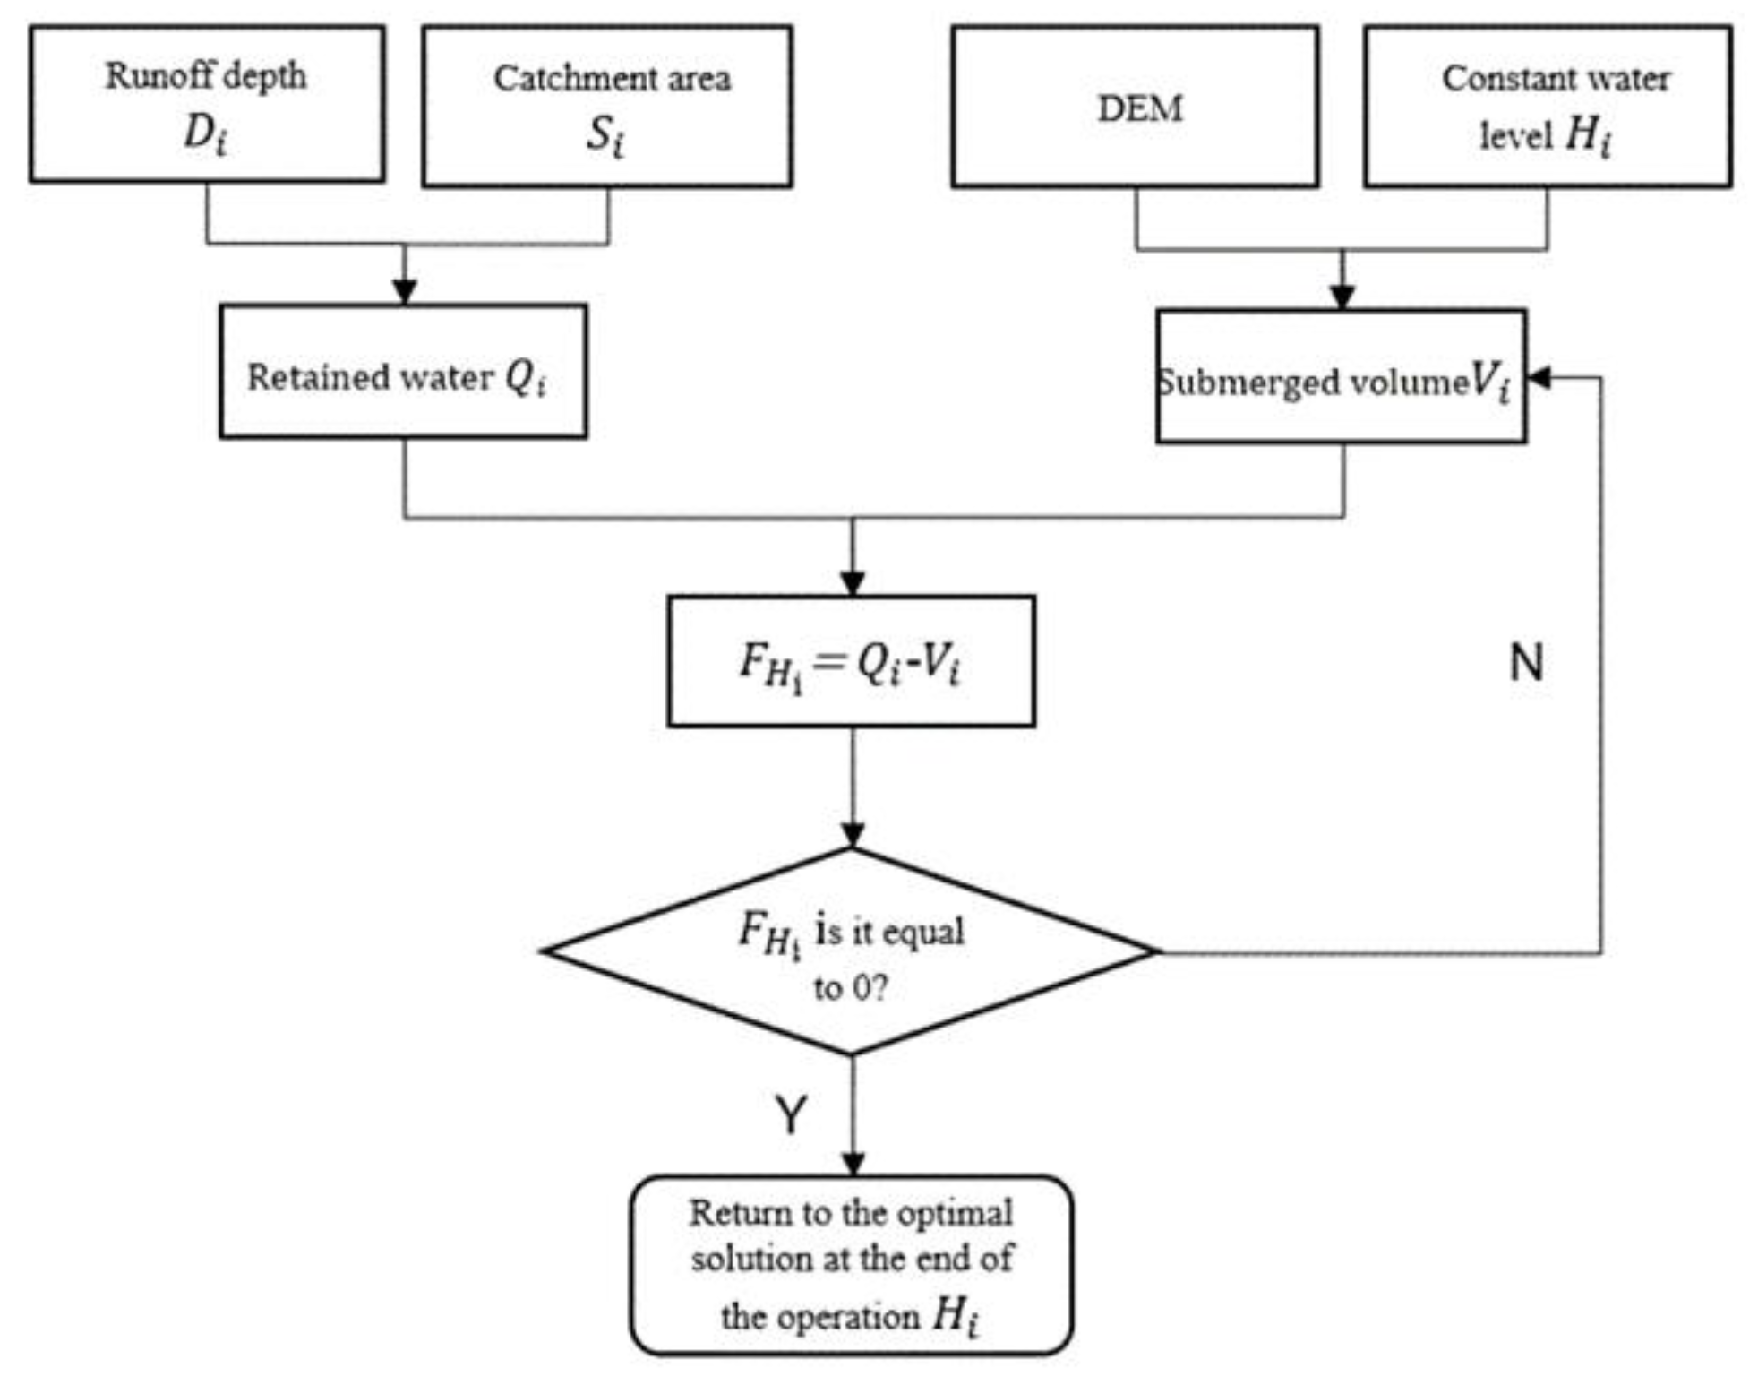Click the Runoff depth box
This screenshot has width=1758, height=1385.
point(207,104)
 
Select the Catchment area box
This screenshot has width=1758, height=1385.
point(606,106)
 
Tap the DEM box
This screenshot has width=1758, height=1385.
point(1135,107)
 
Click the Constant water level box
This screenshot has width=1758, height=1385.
point(1548,107)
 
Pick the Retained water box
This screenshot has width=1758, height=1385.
point(403,372)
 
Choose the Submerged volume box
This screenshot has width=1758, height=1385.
point(1341,377)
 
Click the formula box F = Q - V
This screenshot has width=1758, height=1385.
point(851,661)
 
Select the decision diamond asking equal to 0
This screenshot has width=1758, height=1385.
point(851,951)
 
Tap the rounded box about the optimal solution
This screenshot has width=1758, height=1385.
point(851,1265)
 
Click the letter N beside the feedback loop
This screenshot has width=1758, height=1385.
point(1526,663)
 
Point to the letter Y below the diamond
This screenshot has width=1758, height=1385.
point(791,1115)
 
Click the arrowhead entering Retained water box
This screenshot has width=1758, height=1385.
point(405,291)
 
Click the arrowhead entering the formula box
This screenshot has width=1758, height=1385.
point(853,582)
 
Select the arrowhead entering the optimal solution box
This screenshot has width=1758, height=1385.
point(853,1163)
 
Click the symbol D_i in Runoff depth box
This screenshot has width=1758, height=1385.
point(205,134)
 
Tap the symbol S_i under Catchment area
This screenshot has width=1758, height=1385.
point(605,137)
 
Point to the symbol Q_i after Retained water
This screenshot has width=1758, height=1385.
point(526,377)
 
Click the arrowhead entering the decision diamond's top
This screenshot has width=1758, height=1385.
point(853,835)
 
